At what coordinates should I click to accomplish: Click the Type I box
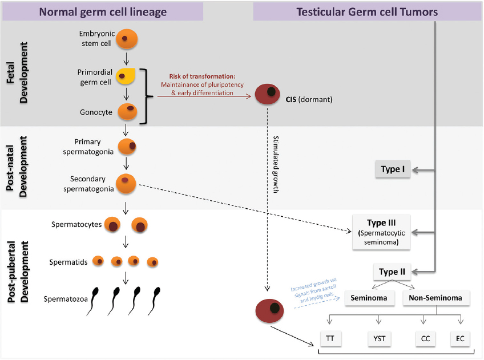pyautogui.click(x=393, y=169)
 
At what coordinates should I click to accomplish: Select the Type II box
pyautogui.click(x=393, y=272)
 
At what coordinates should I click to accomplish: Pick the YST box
pyautogui.click(x=379, y=339)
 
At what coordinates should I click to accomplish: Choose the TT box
pyautogui.click(x=330, y=339)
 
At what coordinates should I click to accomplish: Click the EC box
pyautogui.click(x=460, y=339)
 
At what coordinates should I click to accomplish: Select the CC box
pyautogui.click(x=425, y=339)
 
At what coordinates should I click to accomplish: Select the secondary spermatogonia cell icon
pyautogui.click(x=126, y=183)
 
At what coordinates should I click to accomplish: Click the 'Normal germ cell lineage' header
pyautogui.click(x=102, y=11)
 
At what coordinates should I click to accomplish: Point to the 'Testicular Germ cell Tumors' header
pyautogui.click(x=368, y=11)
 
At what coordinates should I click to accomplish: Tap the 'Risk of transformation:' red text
pyautogui.click(x=202, y=76)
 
